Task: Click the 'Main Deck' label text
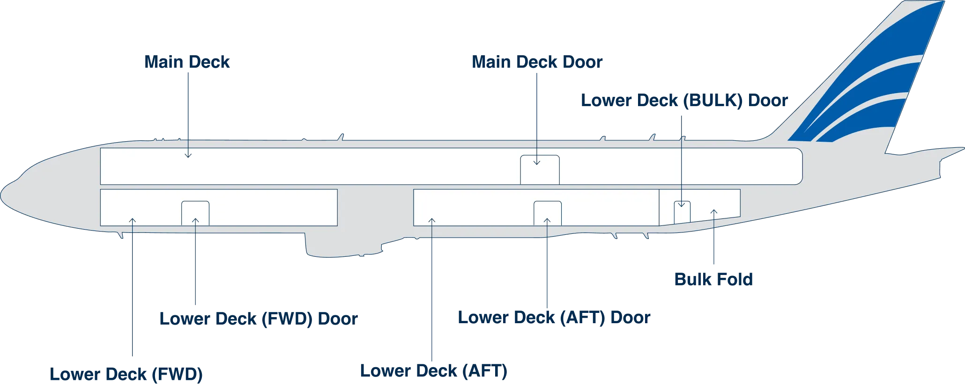(x=187, y=62)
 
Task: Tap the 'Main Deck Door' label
(x=537, y=62)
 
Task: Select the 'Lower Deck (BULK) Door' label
(x=684, y=101)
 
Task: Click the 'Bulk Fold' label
(x=713, y=279)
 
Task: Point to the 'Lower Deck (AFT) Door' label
(x=554, y=318)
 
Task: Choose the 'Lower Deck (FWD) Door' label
(x=259, y=319)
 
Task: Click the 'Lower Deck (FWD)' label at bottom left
(x=126, y=374)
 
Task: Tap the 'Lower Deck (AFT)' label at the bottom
(x=434, y=371)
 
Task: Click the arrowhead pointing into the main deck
(x=188, y=155)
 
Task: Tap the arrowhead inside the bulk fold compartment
(x=714, y=212)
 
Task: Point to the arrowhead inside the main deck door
(x=537, y=162)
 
